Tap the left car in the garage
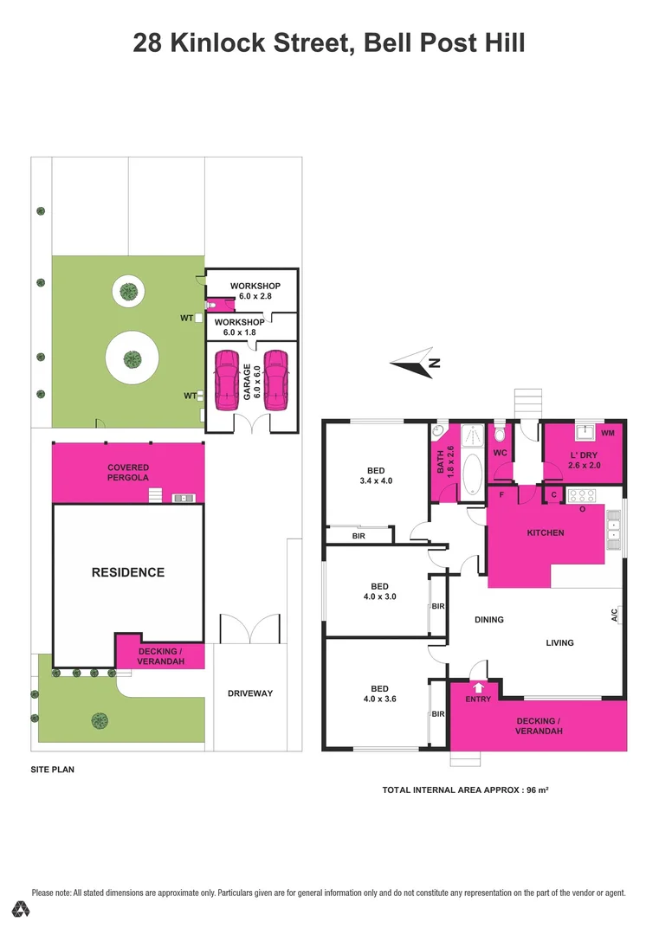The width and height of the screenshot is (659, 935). (226, 380)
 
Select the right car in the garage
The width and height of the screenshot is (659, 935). (275, 380)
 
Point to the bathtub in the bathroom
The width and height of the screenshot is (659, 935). (473, 473)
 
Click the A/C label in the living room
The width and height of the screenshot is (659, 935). (614, 616)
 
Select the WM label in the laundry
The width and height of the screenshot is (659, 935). (607, 432)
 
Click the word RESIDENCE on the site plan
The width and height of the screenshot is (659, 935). (128, 572)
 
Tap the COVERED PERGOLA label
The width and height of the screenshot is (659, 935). (128, 473)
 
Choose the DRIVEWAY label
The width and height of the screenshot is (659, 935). (250, 693)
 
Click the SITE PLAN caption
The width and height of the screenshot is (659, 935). (52, 768)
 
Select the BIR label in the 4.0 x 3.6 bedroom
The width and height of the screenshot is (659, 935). (438, 714)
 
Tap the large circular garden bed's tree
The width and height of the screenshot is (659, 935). (132, 358)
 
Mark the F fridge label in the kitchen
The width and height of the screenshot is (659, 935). (500, 494)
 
